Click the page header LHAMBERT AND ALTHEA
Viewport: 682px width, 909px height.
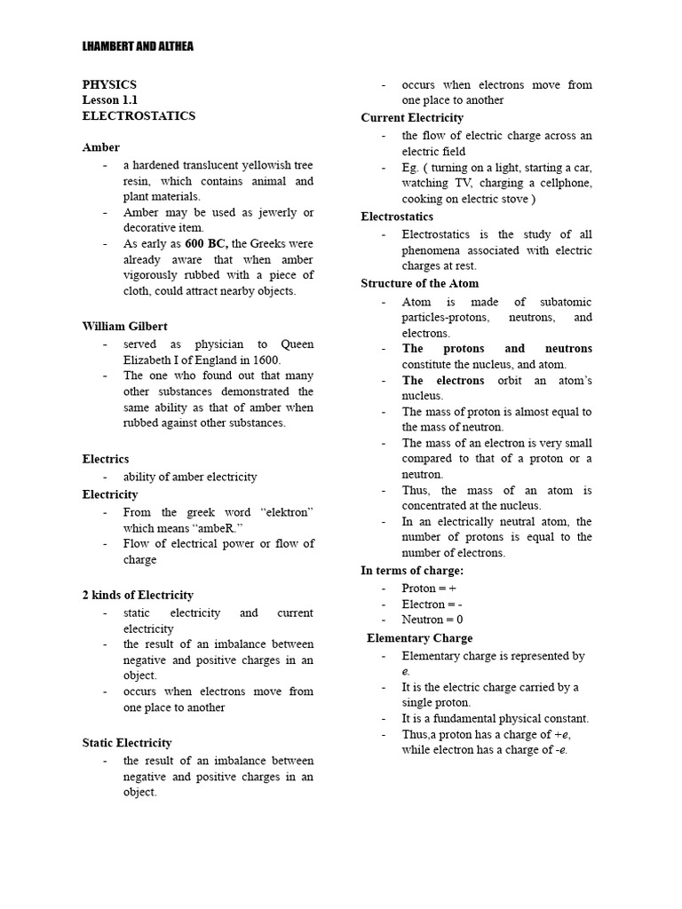(x=138, y=46)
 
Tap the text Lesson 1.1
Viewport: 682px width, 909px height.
(x=111, y=100)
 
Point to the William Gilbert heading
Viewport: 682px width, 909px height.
(x=124, y=327)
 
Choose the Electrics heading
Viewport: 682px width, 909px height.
(x=106, y=459)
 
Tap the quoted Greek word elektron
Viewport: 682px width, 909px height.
(x=285, y=512)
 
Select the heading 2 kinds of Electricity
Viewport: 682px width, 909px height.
(x=138, y=595)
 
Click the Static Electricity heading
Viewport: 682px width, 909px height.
(x=127, y=743)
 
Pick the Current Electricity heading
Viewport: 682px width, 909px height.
(x=412, y=118)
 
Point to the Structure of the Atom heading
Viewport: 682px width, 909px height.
(x=419, y=283)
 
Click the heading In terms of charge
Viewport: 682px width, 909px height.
(x=412, y=570)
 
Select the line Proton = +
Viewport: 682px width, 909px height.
(x=429, y=589)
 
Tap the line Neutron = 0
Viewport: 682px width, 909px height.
(x=432, y=620)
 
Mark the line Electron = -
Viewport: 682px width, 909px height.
(x=431, y=605)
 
